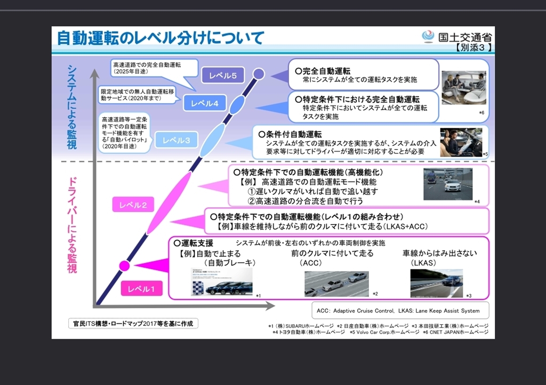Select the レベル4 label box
point(205,103)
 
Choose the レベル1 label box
point(141,289)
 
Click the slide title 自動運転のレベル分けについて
point(160,38)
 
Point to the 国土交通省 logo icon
point(428,37)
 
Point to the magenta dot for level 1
point(124,265)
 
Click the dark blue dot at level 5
point(258,73)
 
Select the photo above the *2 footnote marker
point(336,284)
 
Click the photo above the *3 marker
point(436,283)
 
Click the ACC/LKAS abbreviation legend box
point(398,310)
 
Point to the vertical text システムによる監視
point(73,107)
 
